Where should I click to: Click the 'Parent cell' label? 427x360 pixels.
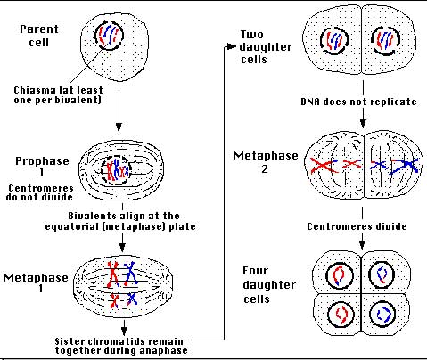(39, 36)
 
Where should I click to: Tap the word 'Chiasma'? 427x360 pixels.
(29, 90)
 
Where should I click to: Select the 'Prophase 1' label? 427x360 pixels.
(42, 166)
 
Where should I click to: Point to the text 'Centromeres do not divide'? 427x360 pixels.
(40, 192)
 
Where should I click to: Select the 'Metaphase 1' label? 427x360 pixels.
(36, 282)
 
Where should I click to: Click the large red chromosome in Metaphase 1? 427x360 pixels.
(113, 274)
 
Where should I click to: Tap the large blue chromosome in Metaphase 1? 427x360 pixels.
(130, 274)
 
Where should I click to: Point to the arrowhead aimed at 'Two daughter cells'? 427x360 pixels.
(230, 46)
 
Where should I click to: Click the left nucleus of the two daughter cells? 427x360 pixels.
(334, 41)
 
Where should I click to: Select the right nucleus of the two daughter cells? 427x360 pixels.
(385, 41)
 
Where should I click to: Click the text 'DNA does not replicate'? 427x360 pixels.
(358, 102)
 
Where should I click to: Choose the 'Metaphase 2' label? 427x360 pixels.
(266, 162)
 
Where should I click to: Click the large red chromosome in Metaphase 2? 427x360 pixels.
(324, 166)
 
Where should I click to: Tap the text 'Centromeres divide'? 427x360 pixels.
(357, 226)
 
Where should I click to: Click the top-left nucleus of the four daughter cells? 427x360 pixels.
(340, 274)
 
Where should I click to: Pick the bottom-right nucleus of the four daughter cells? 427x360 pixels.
(382, 314)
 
